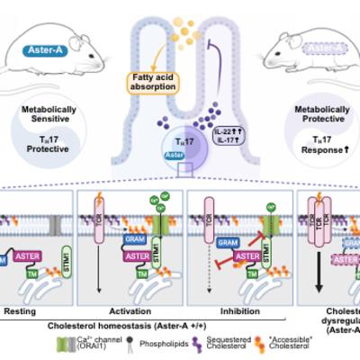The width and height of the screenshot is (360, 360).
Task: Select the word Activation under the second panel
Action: [x=134, y=305]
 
